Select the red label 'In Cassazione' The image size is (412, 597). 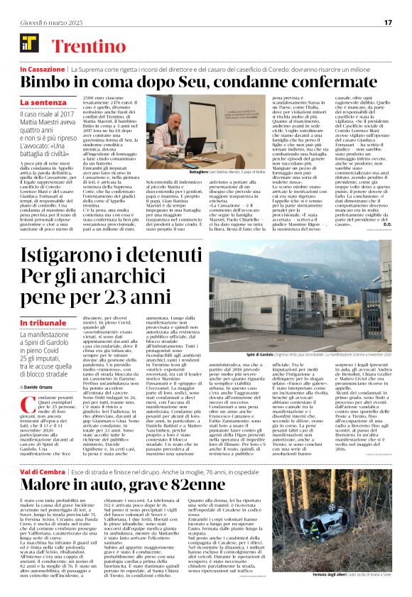coord(42,70)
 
